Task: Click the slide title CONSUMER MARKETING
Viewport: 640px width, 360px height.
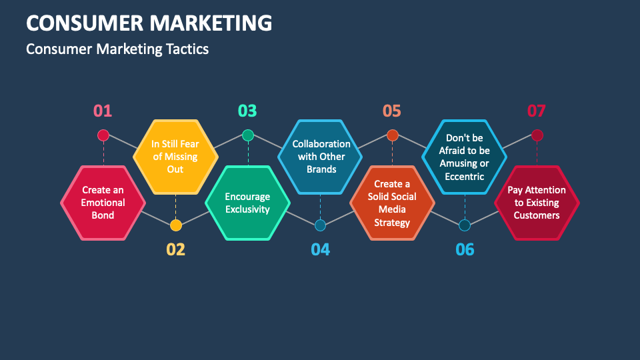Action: click(149, 23)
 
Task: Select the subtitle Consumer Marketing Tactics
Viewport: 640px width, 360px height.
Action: click(117, 49)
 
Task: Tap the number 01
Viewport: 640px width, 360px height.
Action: click(103, 111)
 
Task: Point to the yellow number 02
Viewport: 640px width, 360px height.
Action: click(175, 250)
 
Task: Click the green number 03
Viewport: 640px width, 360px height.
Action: click(247, 111)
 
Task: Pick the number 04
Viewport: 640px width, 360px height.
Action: click(320, 250)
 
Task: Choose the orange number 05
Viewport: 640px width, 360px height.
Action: click(392, 111)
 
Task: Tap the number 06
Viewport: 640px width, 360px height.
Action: click(465, 250)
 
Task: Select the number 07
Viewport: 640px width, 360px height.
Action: click(537, 111)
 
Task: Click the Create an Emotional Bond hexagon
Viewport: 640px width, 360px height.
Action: click(103, 203)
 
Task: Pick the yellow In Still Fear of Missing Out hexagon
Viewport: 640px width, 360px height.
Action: click(175, 156)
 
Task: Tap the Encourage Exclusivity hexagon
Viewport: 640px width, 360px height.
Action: click(247, 203)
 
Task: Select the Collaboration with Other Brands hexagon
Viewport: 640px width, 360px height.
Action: click(321, 156)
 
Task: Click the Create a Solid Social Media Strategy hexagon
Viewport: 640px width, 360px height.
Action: click(392, 203)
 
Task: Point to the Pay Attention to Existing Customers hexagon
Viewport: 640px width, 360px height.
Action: click(537, 203)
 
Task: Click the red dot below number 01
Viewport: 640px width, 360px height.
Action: click(103, 135)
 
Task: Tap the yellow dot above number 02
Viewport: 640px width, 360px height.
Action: click(175, 225)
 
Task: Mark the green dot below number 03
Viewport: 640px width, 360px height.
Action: click(248, 135)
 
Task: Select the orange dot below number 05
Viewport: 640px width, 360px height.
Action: click(393, 135)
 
